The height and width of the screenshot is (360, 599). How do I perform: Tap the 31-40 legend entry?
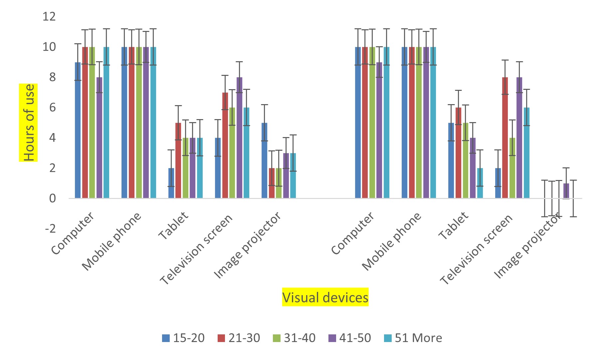tap(295, 338)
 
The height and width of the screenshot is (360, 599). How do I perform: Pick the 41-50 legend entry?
tap(350, 338)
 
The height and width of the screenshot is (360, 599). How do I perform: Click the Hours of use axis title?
tap(29, 122)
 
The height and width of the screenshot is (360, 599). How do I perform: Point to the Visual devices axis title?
tap(325, 297)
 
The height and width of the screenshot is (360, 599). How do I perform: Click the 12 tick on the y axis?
tap(49, 16)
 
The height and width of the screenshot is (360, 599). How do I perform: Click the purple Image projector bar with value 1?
tap(566, 191)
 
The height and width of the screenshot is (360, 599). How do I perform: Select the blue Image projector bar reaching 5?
tap(265, 161)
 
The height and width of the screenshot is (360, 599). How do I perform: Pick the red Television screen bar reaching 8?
tap(505, 138)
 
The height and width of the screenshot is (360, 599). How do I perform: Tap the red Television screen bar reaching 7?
tap(225, 145)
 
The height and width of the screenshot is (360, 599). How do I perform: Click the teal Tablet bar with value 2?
tap(480, 183)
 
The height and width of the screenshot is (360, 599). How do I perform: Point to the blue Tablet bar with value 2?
tap(171, 183)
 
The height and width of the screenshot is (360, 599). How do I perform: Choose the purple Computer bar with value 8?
tap(99, 138)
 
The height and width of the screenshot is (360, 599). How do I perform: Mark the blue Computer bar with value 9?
tap(78, 130)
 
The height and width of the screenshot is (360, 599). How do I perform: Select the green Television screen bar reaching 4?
tap(512, 168)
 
